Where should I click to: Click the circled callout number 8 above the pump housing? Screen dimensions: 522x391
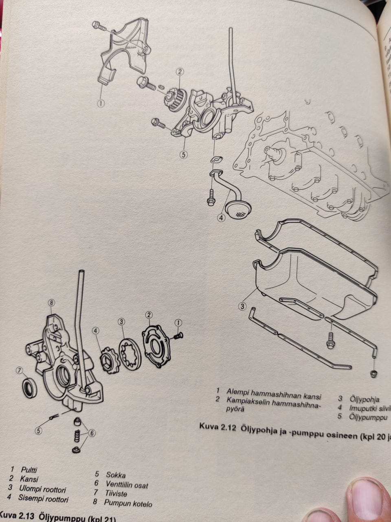[51, 303]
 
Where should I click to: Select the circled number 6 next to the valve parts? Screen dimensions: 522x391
[92, 433]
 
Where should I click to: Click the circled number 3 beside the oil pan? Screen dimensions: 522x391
[242, 306]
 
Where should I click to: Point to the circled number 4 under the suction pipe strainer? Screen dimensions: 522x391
[221, 218]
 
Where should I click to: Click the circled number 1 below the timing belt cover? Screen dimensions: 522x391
[101, 104]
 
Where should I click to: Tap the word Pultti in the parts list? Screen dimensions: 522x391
[29, 470]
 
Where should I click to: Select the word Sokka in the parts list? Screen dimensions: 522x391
[116, 475]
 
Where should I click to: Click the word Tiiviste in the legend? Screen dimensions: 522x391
[116, 493]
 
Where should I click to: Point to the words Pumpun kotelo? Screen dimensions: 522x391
[128, 503]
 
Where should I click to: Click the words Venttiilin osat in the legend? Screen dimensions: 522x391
[127, 484]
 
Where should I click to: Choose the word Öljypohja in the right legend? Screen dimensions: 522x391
[364, 399]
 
